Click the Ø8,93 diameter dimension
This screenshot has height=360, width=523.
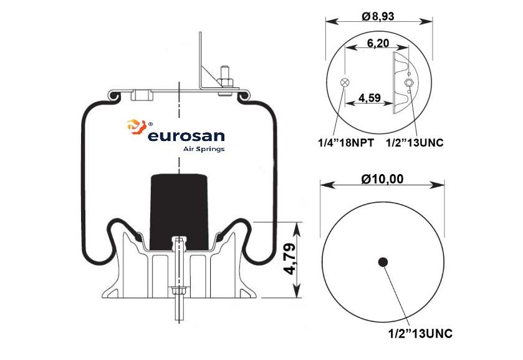[378, 16]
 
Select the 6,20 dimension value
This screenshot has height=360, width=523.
[378, 43]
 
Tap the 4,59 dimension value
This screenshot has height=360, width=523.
[369, 97]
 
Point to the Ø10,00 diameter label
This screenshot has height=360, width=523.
[382, 179]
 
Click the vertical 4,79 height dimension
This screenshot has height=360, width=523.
[289, 259]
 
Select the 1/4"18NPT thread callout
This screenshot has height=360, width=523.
[346, 143]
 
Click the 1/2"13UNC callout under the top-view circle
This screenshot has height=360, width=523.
[415, 143]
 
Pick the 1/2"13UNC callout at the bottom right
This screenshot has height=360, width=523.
[421, 333]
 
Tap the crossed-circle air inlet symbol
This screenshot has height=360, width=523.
[345, 82]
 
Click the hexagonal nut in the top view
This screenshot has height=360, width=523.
[408, 83]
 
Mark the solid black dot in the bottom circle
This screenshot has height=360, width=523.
[383, 262]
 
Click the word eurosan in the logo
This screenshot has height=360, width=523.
[186, 136]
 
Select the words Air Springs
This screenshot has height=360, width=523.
[204, 149]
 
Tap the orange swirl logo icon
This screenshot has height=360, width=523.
[137, 127]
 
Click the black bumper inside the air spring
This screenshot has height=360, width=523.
[180, 212]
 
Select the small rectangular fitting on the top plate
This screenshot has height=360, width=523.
[142, 95]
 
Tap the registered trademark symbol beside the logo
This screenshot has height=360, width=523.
[150, 124]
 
